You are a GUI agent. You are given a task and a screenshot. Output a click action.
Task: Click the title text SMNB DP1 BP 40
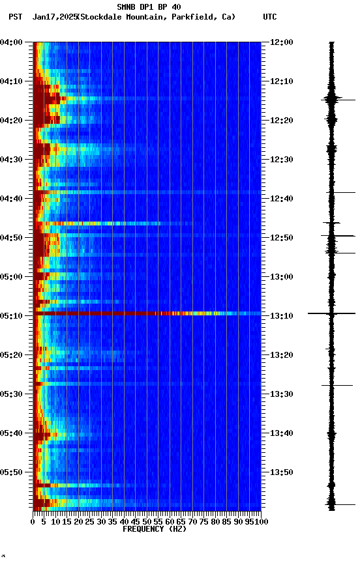(149, 7)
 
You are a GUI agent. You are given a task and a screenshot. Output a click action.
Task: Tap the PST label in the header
(16, 17)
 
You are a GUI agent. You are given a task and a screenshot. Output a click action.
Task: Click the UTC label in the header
(269, 17)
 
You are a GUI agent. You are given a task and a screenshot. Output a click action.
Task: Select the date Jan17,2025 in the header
(54, 17)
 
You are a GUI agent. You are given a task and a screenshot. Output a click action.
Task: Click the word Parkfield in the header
(194, 17)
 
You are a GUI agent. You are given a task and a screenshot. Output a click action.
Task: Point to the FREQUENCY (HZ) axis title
(154, 529)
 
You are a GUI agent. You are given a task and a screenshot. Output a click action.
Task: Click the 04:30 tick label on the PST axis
(12, 160)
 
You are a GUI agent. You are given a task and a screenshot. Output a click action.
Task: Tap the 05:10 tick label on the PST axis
(12, 316)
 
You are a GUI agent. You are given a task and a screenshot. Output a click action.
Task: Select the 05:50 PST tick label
(12, 472)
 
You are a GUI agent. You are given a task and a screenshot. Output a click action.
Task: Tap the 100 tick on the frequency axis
(260, 521)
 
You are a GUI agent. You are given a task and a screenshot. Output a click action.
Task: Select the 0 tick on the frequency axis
(33, 521)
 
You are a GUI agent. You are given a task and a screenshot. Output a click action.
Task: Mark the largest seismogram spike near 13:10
(331, 313)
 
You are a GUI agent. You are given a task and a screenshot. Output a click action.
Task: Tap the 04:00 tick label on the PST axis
(12, 42)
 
